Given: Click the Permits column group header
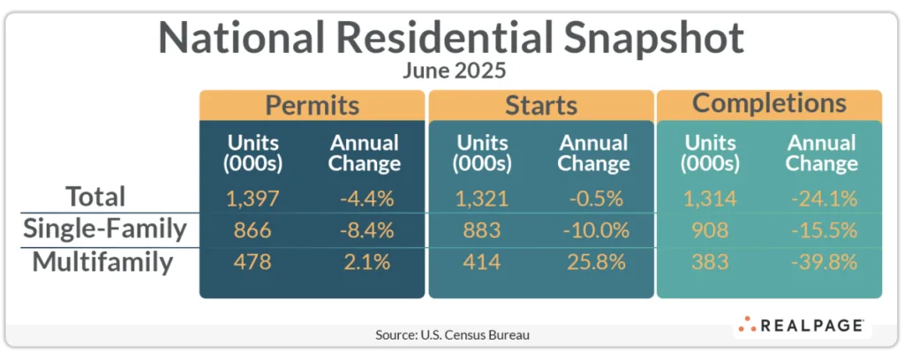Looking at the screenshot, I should tap(313, 105).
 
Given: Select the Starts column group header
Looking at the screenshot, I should tap(540, 105).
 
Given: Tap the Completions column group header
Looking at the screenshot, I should tap(769, 103).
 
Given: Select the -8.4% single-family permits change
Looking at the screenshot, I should tap(365, 230).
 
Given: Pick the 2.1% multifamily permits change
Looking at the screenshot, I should tap(365, 263).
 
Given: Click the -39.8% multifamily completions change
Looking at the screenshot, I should tap(821, 263).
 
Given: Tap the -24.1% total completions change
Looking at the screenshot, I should tap(821, 198).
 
